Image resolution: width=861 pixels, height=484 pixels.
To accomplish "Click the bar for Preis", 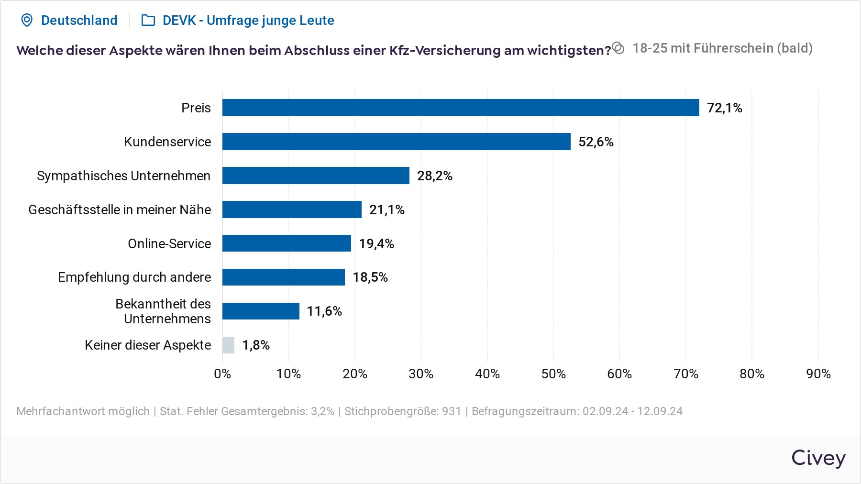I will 460,108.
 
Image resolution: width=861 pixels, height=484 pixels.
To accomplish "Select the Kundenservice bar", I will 396,142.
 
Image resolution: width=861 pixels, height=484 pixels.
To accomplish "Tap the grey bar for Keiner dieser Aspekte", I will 228,345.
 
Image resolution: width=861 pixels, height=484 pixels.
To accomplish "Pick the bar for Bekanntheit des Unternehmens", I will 261,311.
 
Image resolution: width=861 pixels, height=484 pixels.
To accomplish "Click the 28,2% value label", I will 434,176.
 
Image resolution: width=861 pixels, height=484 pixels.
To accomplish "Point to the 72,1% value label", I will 724,108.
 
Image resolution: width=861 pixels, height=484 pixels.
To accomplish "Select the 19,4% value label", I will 376,244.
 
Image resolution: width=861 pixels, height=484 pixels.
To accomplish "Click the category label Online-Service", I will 169,244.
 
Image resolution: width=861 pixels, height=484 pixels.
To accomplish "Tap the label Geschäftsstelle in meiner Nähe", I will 120,210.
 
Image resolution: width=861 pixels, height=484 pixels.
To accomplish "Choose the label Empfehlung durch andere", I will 134,277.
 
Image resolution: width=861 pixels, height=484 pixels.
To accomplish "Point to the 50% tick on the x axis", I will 553,374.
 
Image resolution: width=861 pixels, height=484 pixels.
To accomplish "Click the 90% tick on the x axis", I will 818,374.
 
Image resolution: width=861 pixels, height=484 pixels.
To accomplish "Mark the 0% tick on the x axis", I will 222,374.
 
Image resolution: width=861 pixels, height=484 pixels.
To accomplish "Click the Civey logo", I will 818,458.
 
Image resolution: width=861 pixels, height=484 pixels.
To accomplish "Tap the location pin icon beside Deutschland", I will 27,20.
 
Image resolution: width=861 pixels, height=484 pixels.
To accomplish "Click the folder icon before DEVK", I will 148,20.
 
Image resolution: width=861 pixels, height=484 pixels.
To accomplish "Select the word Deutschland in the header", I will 79,20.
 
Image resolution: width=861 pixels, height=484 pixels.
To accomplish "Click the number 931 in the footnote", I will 451,411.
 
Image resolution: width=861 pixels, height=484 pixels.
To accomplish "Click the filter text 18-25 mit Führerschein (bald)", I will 722,48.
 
